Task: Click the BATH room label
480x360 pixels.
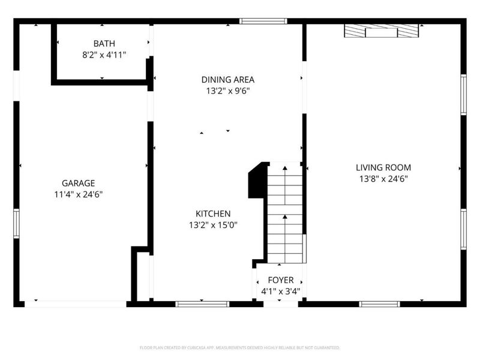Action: point(104,44)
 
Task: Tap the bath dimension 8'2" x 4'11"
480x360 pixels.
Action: point(104,55)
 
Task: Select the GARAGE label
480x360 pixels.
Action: point(78,183)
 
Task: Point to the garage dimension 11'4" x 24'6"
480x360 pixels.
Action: point(78,194)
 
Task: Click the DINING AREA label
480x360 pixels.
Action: point(227,79)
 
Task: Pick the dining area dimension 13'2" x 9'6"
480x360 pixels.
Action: point(227,91)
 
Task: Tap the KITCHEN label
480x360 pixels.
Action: point(212,214)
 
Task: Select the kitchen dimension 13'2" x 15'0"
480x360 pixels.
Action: point(212,226)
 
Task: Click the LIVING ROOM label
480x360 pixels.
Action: point(383,167)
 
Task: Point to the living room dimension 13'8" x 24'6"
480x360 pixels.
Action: point(383,179)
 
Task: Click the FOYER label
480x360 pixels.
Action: point(280,280)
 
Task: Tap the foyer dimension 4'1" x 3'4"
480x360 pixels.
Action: point(280,292)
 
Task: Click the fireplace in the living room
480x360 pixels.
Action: point(381,31)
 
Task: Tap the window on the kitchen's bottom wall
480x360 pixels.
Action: point(202,304)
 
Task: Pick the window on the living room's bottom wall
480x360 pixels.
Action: point(379,304)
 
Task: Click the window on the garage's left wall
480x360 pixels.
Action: point(16,224)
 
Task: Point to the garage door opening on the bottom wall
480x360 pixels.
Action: point(76,304)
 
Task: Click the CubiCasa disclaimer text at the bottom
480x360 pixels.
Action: point(240,347)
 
